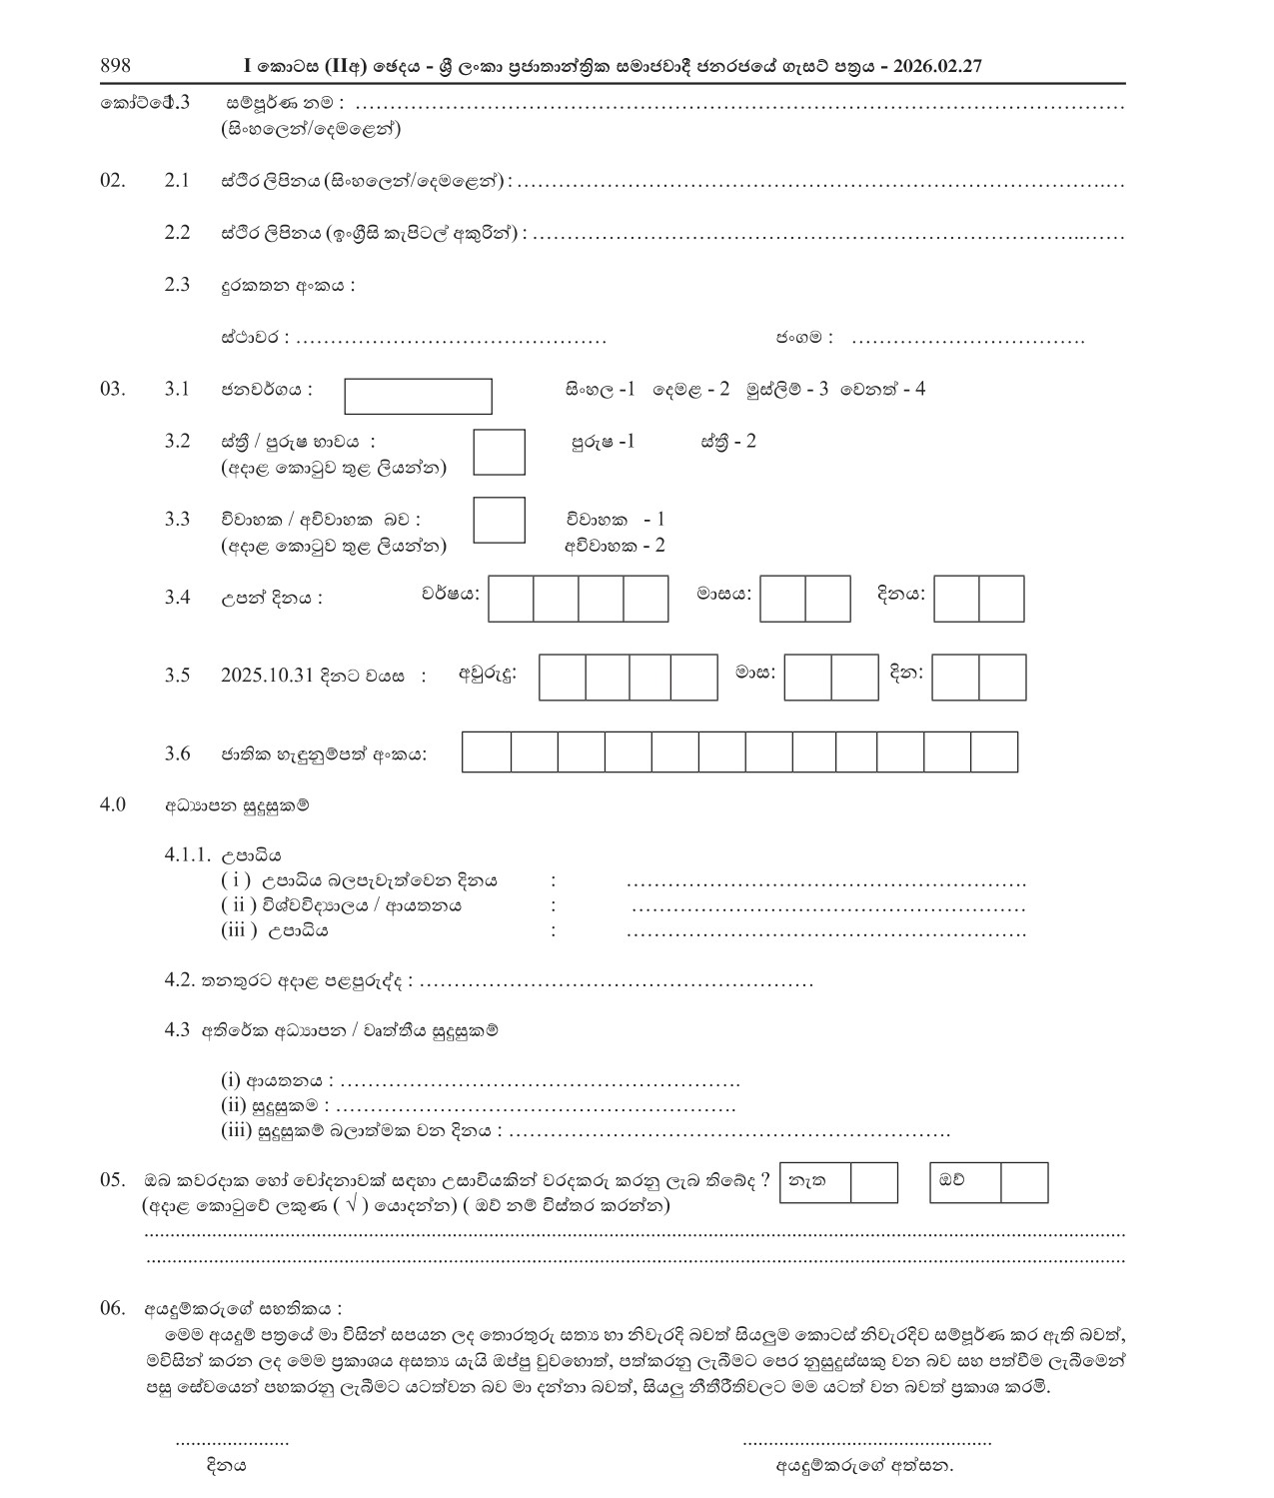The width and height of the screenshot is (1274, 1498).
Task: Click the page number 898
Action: click(x=115, y=66)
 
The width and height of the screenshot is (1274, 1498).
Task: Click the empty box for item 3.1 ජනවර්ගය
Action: click(x=418, y=396)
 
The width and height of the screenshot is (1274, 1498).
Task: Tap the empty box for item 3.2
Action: click(x=499, y=452)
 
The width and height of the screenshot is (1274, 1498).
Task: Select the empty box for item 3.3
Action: click(x=499, y=520)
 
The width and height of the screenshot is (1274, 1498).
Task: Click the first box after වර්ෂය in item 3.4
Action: click(x=511, y=599)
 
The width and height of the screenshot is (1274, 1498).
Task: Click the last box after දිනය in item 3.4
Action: click(x=1001, y=599)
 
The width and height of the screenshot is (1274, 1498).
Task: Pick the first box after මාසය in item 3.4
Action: click(x=782, y=599)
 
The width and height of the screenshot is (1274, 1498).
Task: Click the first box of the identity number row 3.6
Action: click(x=487, y=751)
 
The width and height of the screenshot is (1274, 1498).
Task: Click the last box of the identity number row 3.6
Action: click(x=994, y=751)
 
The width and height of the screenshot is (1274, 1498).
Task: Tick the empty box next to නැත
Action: click(x=874, y=1182)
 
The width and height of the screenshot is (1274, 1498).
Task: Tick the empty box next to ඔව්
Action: click(x=1024, y=1182)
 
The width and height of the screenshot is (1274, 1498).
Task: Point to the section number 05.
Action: click(x=112, y=1179)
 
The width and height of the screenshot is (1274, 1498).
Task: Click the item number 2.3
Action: click(x=177, y=285)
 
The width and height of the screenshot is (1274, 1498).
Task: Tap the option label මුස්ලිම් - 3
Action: click(x=786, y=389)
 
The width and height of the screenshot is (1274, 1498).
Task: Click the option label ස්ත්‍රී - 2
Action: click(x=728, y=441)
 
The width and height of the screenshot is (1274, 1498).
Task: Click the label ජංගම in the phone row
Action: click(x=803, y=338)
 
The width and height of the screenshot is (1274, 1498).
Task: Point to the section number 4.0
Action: click(x=112, y=804)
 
